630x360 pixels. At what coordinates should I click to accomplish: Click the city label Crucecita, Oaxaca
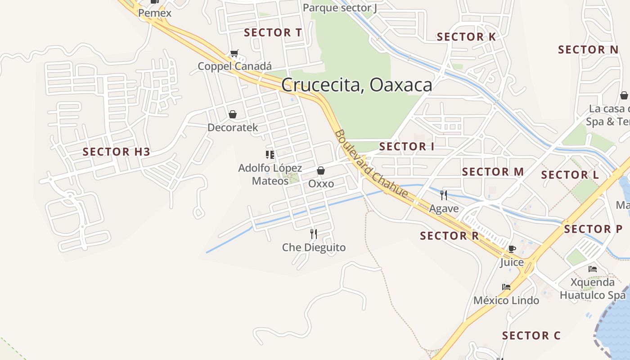tap(356, 85)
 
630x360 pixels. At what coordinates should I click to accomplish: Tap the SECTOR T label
tap(273, 32)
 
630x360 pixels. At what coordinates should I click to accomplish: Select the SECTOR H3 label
tap(116, 152)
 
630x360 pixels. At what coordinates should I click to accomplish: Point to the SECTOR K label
tap(466, 37)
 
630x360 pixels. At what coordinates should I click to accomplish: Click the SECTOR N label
tap(588, 50)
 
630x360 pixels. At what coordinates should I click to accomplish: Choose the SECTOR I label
tap(406, 147)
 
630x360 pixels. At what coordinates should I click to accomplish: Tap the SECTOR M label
tap(493, 172)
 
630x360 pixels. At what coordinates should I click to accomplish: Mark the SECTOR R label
tap(449, 236)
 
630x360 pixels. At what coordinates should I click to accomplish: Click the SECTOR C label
tap(531, 336)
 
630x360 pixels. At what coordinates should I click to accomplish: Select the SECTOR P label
tap(593, 229)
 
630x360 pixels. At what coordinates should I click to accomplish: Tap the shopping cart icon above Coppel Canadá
tap(234, 54)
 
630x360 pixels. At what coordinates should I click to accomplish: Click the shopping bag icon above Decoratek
tap(233, 114)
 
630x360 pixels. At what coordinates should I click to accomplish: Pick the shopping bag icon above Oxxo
tap(321, 171)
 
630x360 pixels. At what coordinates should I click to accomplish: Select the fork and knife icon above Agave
tap(444, 195)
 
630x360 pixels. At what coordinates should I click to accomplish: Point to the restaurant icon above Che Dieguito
tap(314, 234)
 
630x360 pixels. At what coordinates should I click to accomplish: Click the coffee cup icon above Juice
tap(512, 249)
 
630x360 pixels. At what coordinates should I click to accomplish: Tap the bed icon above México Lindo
tap(506, 287)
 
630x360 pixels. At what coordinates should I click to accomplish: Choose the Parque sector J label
tap(340, 8)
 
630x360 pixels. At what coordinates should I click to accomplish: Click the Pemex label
tap(155, 13)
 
